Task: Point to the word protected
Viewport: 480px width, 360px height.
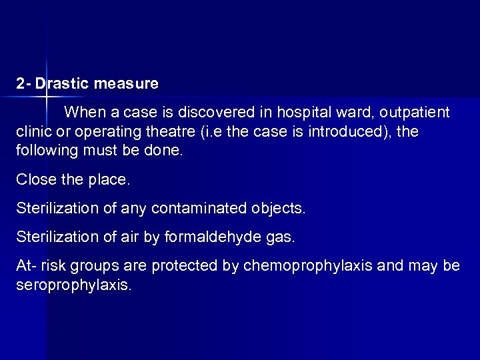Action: tap(185, 267)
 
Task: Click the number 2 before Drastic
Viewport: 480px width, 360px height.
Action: tap(21, 85)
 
